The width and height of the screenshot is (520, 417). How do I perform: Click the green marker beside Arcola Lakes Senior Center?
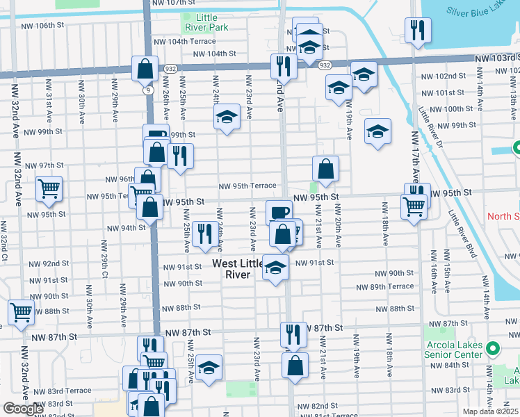(x=493, y=349)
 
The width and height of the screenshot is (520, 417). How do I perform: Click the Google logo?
(x=23, y=409)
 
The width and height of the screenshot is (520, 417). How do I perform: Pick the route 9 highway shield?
(x=148, y=90)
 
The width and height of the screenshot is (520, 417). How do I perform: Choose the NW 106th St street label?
(x=44, y=26)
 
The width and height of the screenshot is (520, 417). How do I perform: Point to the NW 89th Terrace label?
(x=385, y=286)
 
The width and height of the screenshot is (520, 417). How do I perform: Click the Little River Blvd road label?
(x=462, y=234)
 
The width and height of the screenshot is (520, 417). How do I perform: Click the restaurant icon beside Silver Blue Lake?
(x=417, y=30)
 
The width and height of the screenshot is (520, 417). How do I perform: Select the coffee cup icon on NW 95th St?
(x=279, y=211)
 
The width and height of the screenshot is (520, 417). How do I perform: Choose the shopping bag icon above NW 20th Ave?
(x=325, y=168)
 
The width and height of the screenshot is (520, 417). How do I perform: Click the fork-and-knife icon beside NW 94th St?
(x=204, y=234)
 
